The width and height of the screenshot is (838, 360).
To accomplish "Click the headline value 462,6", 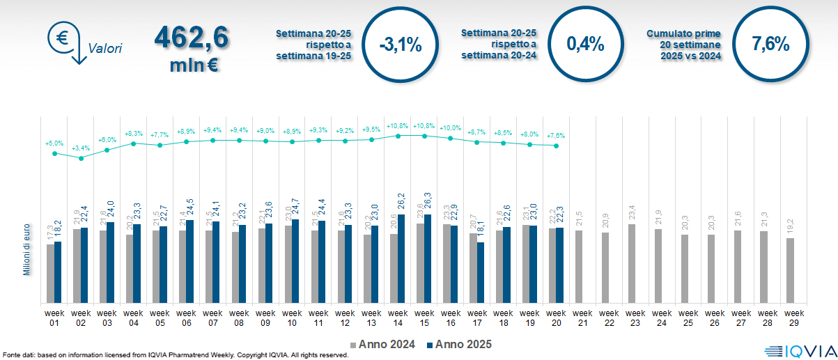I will [191, 38].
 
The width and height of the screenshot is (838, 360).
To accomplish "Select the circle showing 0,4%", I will [584, 45].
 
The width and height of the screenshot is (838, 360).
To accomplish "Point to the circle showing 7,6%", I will [770, 45].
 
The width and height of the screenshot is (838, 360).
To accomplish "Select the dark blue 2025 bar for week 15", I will [427, 258].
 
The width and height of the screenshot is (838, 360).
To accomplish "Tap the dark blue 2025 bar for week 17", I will [480, 272].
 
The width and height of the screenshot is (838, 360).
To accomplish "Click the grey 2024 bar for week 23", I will [633, 263].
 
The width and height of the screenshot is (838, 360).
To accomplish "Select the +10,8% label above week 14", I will [397, 126].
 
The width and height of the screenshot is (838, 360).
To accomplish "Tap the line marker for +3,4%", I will [81, 158].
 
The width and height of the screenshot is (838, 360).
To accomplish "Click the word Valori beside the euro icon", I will [105, 49].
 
